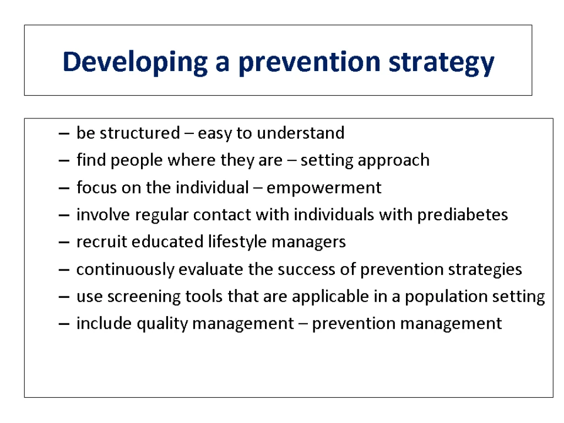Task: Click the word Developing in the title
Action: (135, 62)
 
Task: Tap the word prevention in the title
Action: (310, 63)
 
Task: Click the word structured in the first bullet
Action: (139, 133)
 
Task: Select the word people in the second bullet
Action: (137, 160)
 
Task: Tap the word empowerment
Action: (324, 188)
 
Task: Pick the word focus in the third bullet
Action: (96, 187)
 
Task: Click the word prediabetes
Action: (463, 215)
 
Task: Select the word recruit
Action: (102, 242)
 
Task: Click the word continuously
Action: (126, 270)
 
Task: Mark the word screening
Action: (144, 297)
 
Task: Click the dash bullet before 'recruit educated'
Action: (64, 242)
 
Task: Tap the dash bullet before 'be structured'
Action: (64, 133)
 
